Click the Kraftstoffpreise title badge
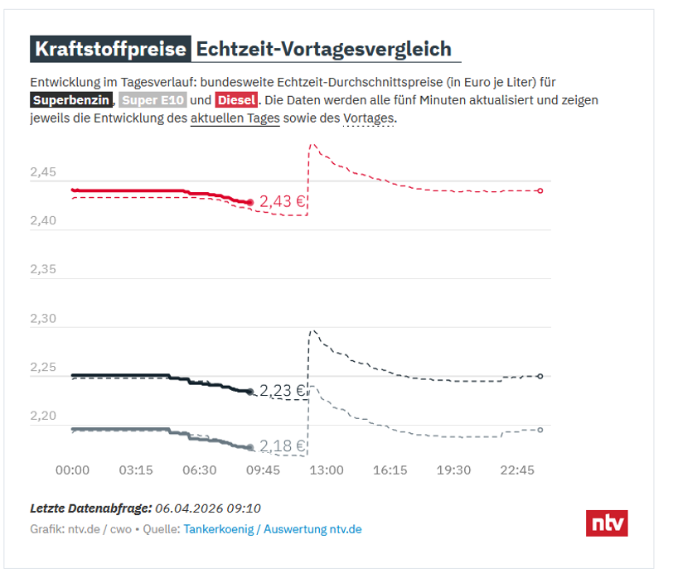(110, 50)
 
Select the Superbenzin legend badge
(71, 101)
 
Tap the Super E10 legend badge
(153, 101)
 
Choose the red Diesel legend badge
(236, 101)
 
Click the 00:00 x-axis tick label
(72, 470)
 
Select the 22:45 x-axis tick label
(517, 470)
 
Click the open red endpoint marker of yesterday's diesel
(540, 190)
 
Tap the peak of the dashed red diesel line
(312, 144)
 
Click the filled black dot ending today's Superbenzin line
(250, 392)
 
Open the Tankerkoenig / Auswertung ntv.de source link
(273, 529)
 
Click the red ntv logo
(607, 523)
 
